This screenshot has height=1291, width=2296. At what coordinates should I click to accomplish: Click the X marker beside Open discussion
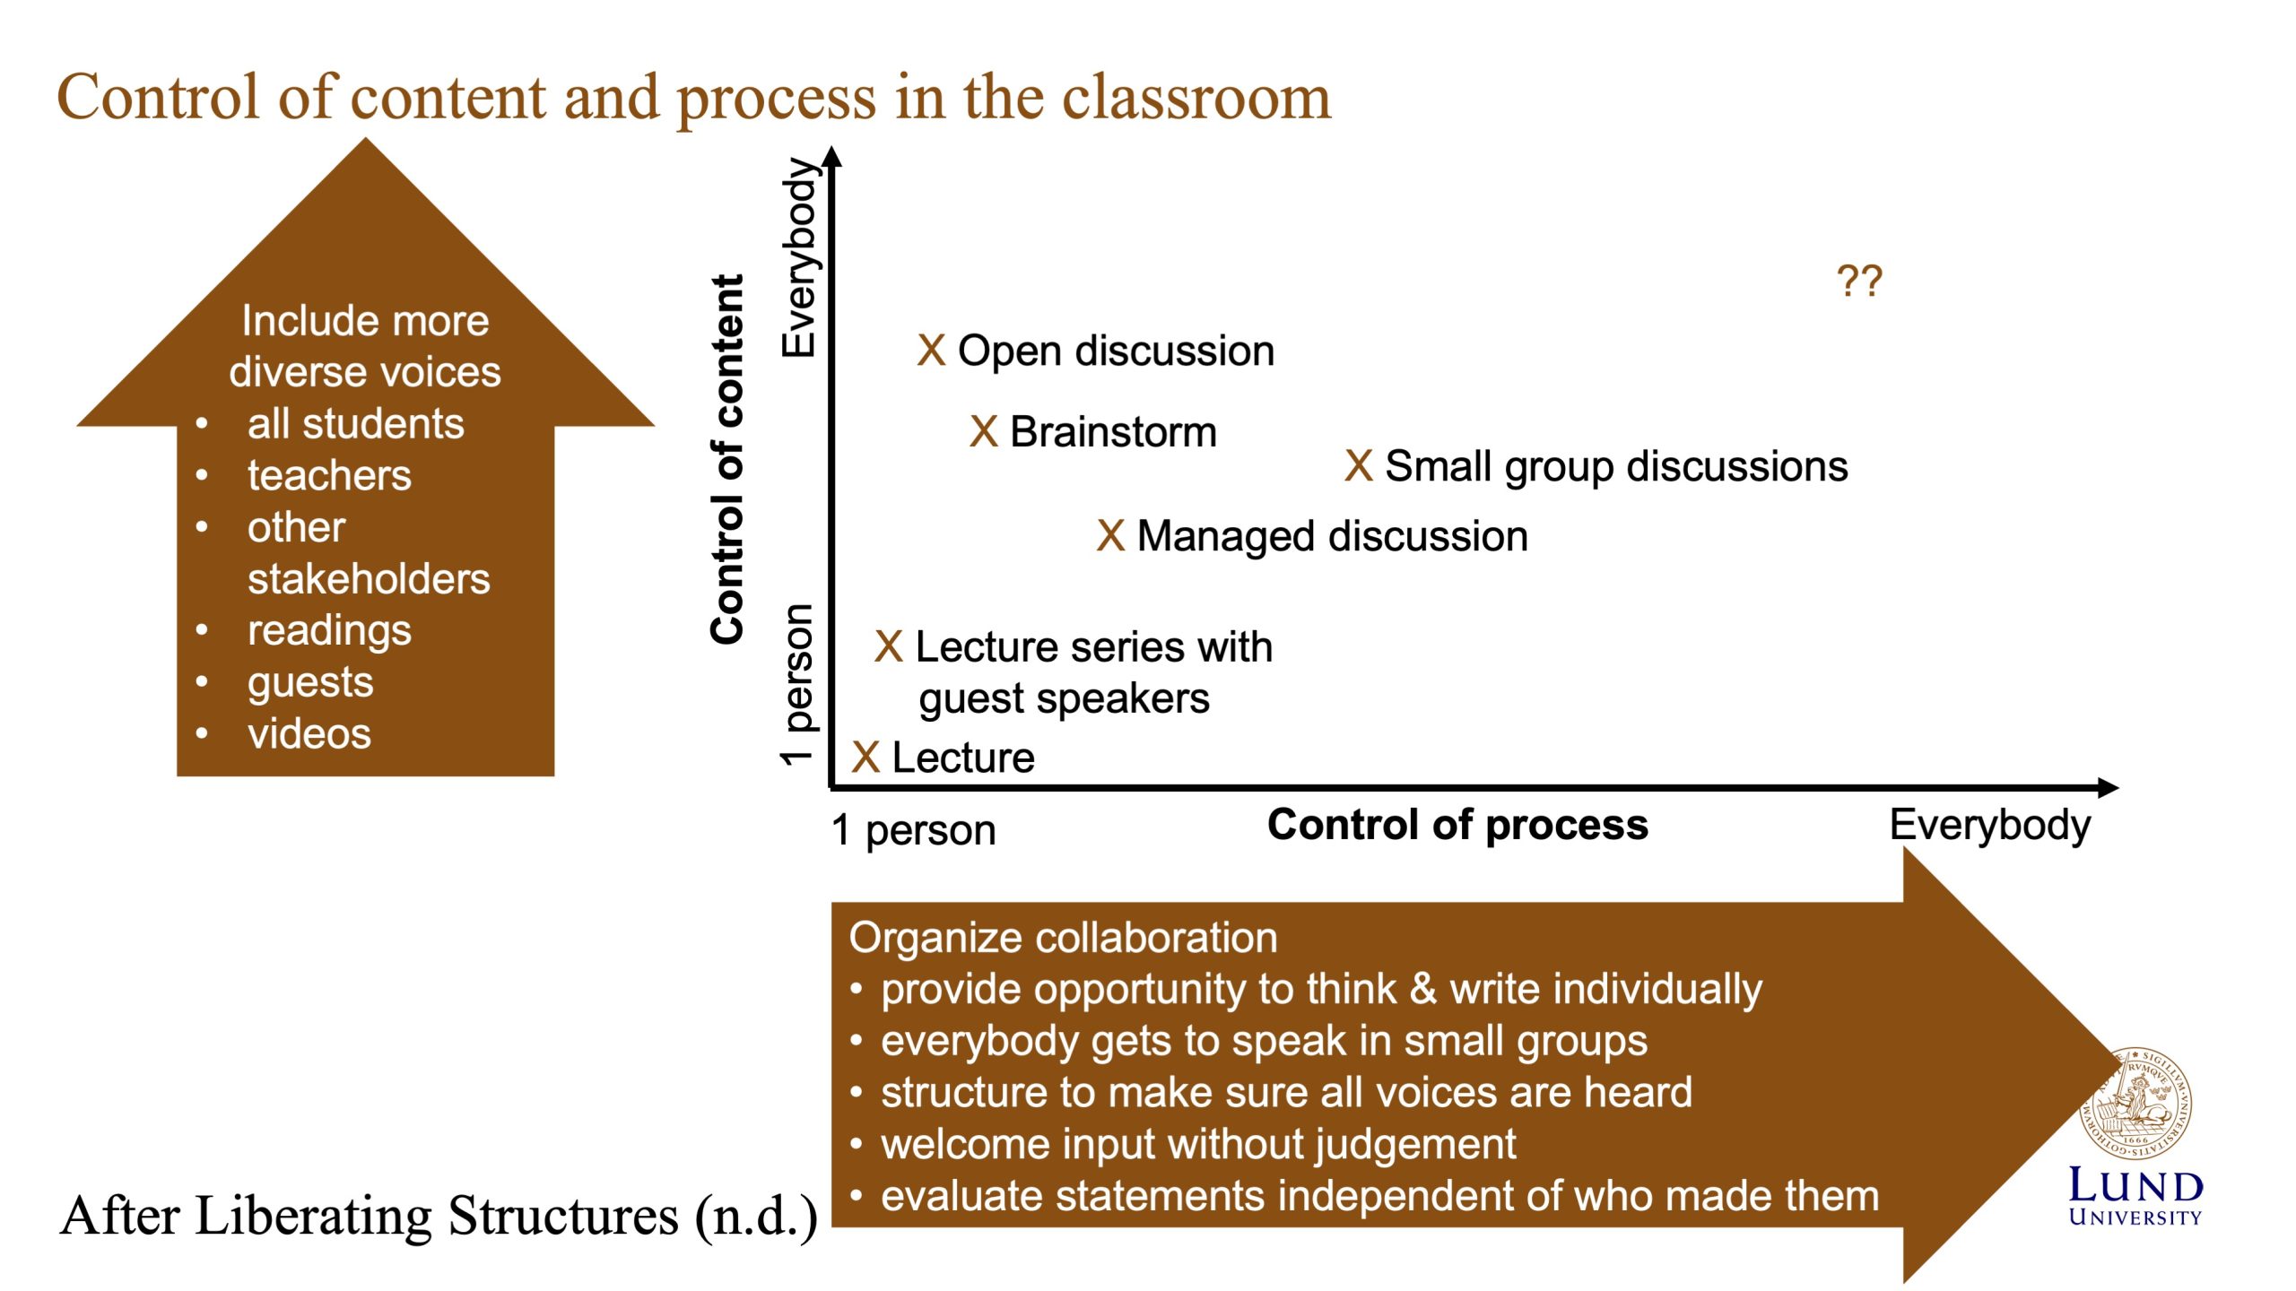pyautogui.click(x=931, y=351)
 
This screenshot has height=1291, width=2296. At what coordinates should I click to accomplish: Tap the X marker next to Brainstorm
pyautogui.click(x=983, y=432)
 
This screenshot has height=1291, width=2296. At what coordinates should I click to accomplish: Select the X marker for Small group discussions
pyautogui.click(x=1358, y=466)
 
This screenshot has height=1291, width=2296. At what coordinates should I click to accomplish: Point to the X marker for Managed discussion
pyautogui.click(x=1109, y=536)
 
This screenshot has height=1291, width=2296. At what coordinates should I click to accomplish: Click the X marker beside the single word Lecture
pyautogui.click(x=865, y=758)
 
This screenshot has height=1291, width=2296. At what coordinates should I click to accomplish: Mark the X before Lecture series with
pyautogui.click(x=888, y=646)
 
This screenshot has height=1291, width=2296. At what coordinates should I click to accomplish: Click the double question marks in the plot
pyautogui.click(x=1858, y=282)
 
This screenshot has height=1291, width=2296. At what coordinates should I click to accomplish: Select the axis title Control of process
pyautogui.click(x=1457, y=825)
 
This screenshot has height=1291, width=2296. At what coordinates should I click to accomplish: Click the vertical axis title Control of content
pyautogui.click(x=727, y=459)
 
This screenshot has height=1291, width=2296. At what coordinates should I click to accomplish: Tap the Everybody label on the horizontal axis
pyautogui.click(x=1988, y=825)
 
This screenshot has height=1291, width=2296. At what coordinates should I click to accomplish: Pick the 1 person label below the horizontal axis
pyautogui.click(x=913, y=830)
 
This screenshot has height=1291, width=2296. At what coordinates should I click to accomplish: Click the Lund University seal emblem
pyautogui.click(x=2135, y=1104)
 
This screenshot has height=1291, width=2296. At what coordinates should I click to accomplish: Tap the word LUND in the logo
pyautogui.click(x=2135, y=1186)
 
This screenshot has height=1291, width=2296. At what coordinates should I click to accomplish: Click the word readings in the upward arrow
pyautogui.click(x=329, y=630)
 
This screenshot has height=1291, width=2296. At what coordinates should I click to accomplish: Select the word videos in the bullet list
pyautogui.click(x=309, y=734)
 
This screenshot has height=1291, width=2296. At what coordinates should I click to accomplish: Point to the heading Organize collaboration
pyautogui.click(x=1063, y=938)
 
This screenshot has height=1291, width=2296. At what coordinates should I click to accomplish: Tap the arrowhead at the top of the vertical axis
pyautogui.click(x=833, y=157)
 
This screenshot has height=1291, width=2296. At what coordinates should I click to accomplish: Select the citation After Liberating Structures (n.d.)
pyautogui.click(x=438, y=1217)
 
